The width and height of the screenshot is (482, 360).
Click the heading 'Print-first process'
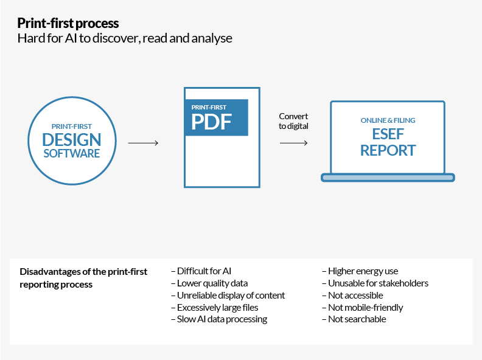[x=68, y=24]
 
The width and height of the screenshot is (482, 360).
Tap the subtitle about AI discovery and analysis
[x=125, y=38]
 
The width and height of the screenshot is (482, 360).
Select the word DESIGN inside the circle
[x=72, y=139]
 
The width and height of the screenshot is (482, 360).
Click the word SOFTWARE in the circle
[x=72, y=153]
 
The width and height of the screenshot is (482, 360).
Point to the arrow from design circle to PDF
[x=143, y=143]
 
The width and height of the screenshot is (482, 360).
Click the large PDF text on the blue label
[x=211, y=122]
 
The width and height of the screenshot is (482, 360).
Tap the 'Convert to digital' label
[x=293, y=121]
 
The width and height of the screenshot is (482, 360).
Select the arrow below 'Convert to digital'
[x=293, y=143]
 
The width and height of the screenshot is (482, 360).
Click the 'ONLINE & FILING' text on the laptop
[x=388, y=120]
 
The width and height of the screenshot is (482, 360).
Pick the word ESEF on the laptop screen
[x=388, y=134]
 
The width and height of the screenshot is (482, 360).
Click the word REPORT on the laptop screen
[x=388, y=150]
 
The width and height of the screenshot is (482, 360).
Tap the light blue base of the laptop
[x=388, y=178]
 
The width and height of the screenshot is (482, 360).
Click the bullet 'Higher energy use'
[x=360, y=271]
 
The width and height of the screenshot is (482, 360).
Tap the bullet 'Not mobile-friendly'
[x=362, y=307]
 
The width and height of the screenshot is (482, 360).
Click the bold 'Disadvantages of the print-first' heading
[x=83, y=272]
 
